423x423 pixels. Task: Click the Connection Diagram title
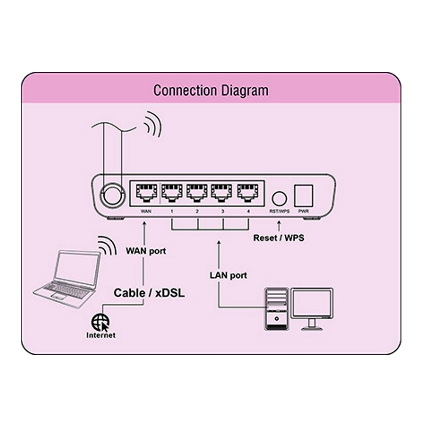point(211,91)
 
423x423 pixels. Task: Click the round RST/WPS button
point(279,198)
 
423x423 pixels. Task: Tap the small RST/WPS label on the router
point(279,211)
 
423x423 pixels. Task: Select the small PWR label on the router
point(303,211)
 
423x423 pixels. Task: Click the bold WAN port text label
point(146,251)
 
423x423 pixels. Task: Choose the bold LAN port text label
point(228,275)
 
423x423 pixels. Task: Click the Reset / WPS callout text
point(278,238)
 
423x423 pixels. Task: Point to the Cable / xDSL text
point(149,293)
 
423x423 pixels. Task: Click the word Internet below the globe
point(101,335)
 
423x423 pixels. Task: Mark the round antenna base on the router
point(112,196)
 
